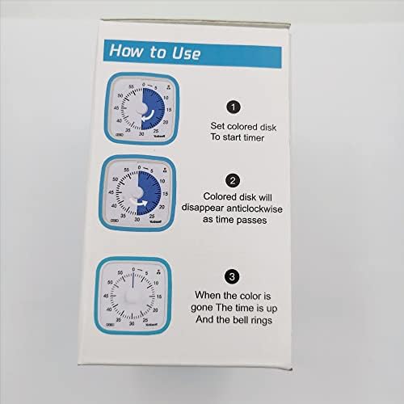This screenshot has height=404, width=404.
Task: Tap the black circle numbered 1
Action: click(x=233, y=107)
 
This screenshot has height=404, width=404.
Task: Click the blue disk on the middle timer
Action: click(x=154, y=190)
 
